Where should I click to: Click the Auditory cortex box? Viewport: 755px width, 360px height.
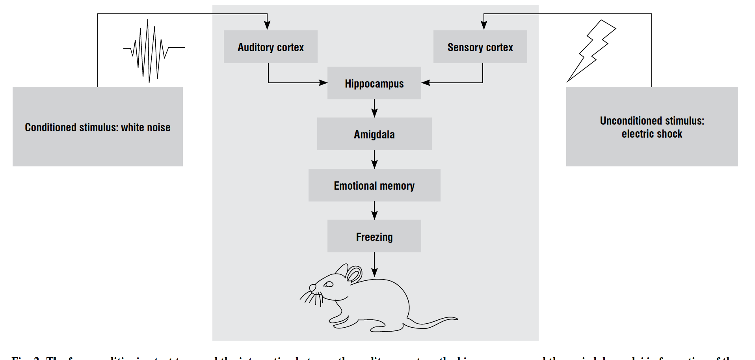(x=271, y=47)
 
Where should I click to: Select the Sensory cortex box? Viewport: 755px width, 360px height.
(x=480, y=47)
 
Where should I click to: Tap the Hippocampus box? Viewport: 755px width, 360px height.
(x=374, y=83)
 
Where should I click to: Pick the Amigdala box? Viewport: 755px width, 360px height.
(x=374, y=134)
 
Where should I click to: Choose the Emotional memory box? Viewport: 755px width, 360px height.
(x=374, y=185)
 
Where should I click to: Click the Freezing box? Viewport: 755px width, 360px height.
(x=374, y=236)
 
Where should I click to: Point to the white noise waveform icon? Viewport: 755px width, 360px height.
(x=152, y=50)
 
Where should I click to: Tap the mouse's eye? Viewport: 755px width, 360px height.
(x=329, y=284)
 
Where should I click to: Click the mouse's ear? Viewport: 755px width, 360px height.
(x=353, y=274)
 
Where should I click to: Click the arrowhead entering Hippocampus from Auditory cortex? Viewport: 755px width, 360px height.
(x=323, y=83)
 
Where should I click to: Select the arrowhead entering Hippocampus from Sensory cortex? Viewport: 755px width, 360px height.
(x=426, y=83)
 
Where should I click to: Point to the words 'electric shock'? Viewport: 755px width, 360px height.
(x=652, y=134)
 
